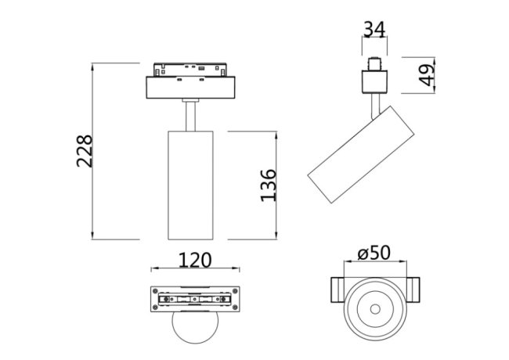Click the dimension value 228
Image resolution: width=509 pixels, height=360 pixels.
(x=85, y=151)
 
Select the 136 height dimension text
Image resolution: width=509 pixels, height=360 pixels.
(x=268, y=185)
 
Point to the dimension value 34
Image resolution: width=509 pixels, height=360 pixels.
(x=374, y=30)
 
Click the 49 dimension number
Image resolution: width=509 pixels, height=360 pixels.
(x=426, y=76)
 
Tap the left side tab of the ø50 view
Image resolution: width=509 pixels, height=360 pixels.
(x=335, y=291)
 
